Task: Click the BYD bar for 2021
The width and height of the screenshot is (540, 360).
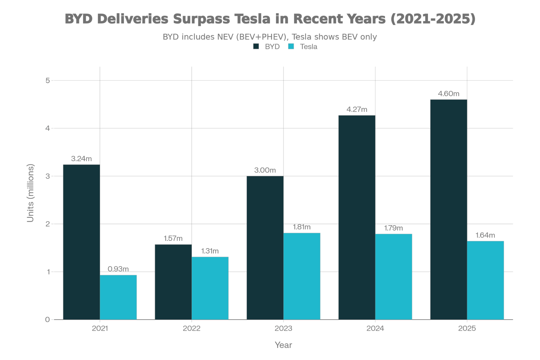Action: pyautogui.click(x=81, y=242)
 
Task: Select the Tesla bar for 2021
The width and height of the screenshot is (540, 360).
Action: pyautogui.click(x=118, y=297)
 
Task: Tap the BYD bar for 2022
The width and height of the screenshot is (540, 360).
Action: pyautogui.click(x=173, y=282)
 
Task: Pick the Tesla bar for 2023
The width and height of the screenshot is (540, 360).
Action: pyautogui.click(x=302, y=276)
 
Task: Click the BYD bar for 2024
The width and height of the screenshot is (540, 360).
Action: pyautogui.click(x=357, y=217)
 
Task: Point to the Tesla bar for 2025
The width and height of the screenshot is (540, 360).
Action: pyautogui.click(x=485, y=280)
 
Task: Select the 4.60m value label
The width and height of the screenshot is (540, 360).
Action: pyautogui.click(x=449, y=94)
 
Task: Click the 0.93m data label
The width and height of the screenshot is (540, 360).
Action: pyautogui.click(x=118, y=269)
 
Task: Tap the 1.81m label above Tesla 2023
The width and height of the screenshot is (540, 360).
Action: pyautogui.click(x=302, y=227)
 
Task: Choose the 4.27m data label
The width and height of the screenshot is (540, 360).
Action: pyautogui.click(x=357, y=109)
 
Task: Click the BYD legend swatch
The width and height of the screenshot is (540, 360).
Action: pyautogui.click(x=256, y=47)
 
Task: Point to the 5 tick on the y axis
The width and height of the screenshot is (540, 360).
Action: pyautogui.click(x=48, y=80)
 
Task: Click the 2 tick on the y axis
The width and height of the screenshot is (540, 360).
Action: pyautogui.click(x=48, y=224)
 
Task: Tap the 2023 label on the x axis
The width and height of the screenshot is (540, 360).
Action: pyautogui.click(x=283, y=328)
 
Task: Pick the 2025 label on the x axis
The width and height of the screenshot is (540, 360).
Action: pyautogui.click(x=467, y=328)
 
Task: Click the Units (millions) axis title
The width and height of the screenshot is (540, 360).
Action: pyautogui.click(x=31, y=193)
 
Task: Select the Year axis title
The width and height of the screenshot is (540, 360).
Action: pyautogui.click(x=283, y=345)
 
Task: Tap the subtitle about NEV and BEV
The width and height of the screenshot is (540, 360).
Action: pyautogui.click(x=270, y=37)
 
